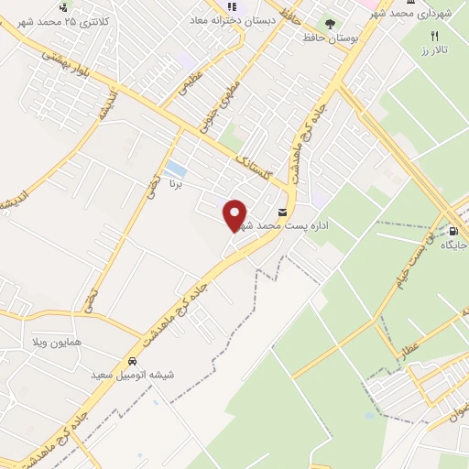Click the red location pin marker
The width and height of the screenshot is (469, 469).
point(235,213)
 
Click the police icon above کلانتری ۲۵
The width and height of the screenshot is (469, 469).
point(62,6)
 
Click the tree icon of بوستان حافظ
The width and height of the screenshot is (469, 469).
point(330,23)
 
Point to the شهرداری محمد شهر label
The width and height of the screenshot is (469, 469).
point(420,15)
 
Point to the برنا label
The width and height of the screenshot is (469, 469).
point(176,184)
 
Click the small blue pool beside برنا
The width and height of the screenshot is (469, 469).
point(175,169)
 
